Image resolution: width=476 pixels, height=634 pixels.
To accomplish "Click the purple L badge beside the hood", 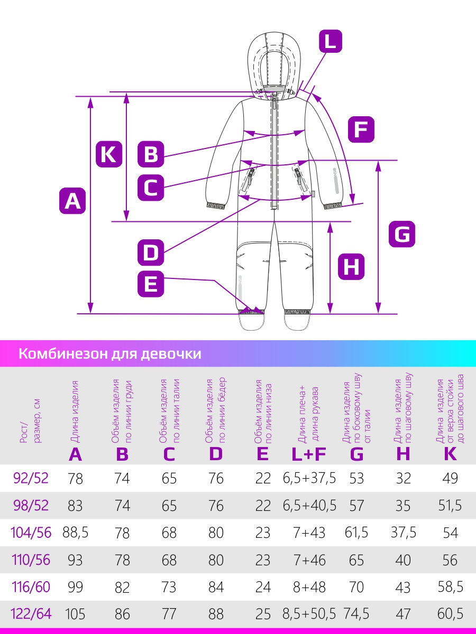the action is [x=331, y=41].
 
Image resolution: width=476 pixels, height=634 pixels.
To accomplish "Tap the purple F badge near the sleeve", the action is [x=361, y=129].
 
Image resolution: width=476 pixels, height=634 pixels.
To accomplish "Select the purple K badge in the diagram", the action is [x=109, y=154].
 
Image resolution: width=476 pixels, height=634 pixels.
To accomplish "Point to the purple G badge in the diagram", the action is [x=402, y=234].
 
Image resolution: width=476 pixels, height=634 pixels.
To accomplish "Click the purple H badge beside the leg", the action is [x=351, y=267].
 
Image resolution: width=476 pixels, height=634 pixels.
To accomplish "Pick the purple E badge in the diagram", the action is [x=151, y=284].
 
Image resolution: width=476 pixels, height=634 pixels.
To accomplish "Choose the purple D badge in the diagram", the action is [x=151, y=253].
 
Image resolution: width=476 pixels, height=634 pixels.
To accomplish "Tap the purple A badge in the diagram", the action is [x=72, y=201].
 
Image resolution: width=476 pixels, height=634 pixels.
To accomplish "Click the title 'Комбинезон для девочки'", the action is [x=110, y=353].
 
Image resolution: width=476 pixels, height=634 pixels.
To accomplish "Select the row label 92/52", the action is [x=31, y=478].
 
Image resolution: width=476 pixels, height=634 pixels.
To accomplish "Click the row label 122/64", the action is [x=31, y=613].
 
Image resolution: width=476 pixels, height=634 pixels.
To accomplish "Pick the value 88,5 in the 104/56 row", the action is [x=76, y=533].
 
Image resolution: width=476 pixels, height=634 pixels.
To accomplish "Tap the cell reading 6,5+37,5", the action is [x=309, y=478].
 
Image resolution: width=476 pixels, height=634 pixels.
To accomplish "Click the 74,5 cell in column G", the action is [x=356, y=613].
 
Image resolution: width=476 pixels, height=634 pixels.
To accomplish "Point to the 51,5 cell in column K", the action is [x=450, y=505].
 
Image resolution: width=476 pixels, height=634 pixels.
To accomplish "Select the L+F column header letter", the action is [x=309, y=454].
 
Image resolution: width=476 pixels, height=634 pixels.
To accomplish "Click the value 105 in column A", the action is [x=75, y=614].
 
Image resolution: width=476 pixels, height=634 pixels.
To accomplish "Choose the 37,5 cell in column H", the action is [x=404, y=533].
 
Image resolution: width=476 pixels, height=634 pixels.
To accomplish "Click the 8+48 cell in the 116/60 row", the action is [x=309, y=586].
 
